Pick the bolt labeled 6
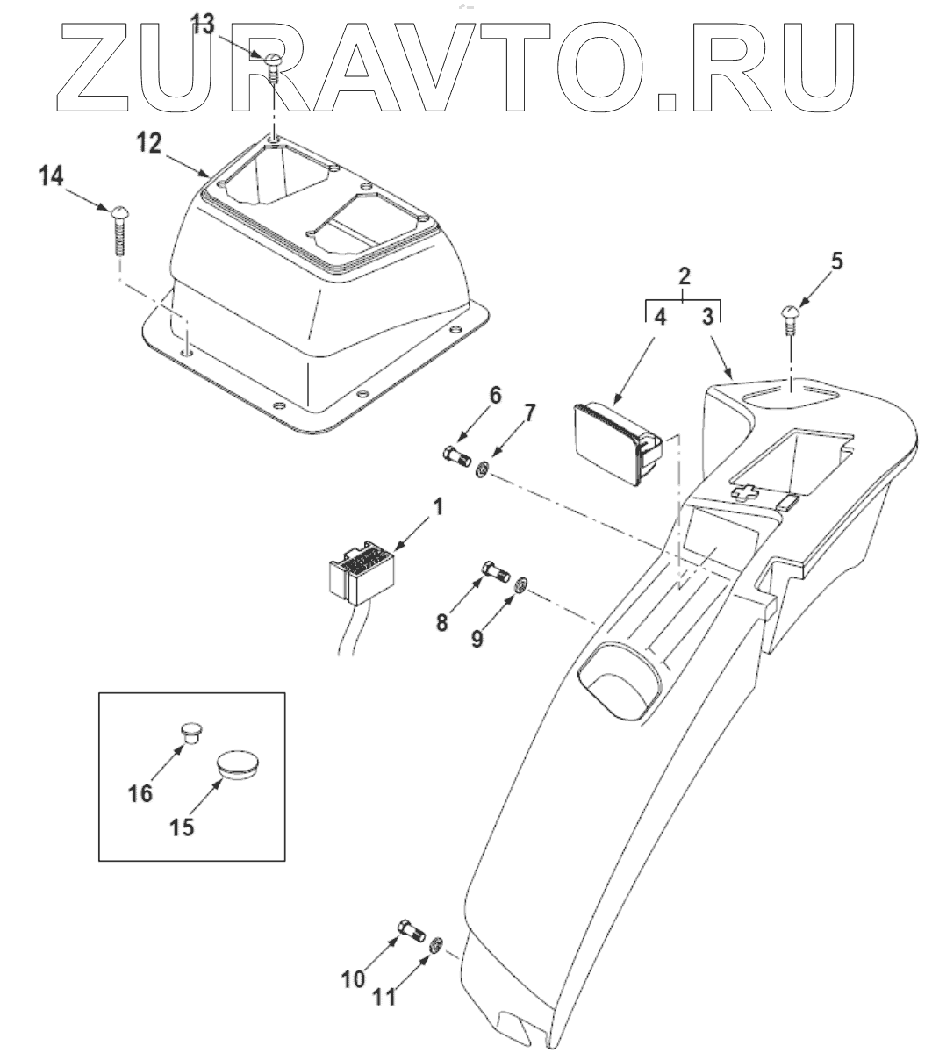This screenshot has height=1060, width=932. coord(455,456)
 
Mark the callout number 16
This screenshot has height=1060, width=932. coord(141,793)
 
